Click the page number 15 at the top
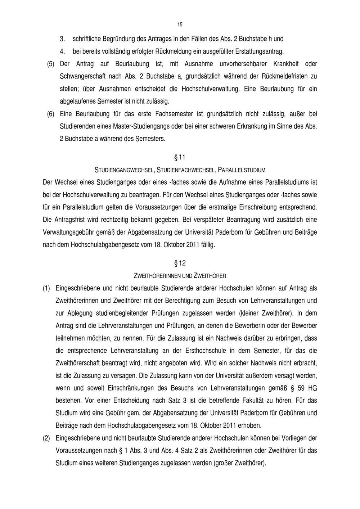pos(180,24)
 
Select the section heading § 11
pos(180,157)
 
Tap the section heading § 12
pos(180,263)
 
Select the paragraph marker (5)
pos(51,64)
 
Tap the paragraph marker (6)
pos(51,114)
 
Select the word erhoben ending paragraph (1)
pos(249,425)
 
